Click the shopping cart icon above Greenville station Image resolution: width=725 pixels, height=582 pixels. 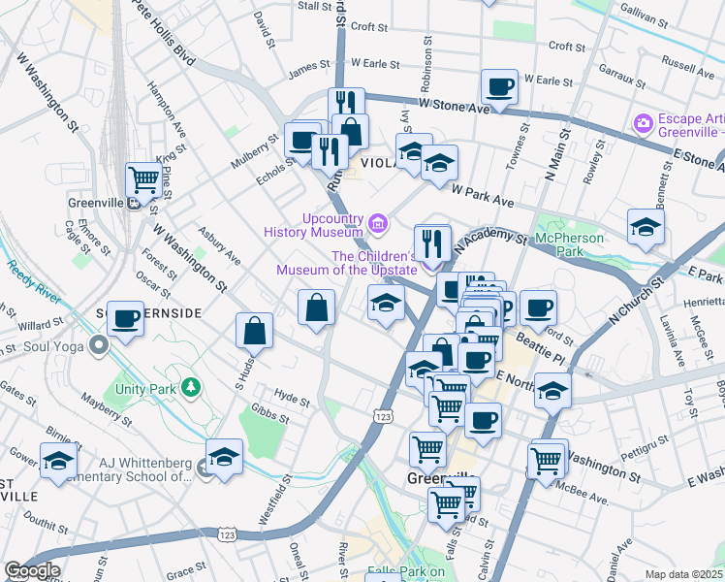pos(143,178)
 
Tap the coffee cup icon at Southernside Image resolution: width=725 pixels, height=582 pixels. pos(126,318)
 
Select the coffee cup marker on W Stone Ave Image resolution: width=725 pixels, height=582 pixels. pos(499,87)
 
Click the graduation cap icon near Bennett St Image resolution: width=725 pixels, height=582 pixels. pos(646,227)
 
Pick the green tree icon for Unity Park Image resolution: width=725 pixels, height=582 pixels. pos(192,388)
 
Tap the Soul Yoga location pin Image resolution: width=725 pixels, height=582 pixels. pos(98,344)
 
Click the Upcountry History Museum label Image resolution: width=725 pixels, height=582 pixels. pos(315,224)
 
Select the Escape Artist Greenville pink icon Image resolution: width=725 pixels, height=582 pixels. pos(642,123)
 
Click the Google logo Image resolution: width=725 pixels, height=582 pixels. pos(31,570)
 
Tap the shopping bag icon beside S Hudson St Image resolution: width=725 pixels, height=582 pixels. pos(254,330)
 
